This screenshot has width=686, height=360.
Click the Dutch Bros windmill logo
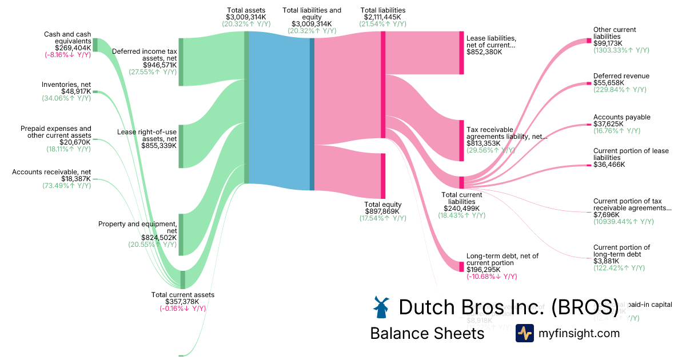381,307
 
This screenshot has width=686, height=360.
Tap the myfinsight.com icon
524,333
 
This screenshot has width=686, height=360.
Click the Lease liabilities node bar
461,53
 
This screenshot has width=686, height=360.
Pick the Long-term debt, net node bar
461,266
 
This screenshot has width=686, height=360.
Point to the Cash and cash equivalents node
95,45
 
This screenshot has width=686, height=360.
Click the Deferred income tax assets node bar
181,62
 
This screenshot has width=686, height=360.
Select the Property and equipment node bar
181,234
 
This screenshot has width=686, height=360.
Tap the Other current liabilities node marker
589,41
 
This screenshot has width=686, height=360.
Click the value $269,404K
73,48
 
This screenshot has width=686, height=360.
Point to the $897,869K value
382,211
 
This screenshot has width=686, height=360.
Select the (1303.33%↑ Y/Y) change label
621,50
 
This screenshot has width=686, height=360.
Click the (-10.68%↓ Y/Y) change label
492,277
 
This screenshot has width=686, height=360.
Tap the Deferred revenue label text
621,76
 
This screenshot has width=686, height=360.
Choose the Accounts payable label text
621,117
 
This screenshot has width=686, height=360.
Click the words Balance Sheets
427,333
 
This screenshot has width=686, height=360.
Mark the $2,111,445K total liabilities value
382,17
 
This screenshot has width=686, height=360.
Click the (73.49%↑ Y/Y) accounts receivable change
66,186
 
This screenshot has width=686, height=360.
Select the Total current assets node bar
183,279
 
